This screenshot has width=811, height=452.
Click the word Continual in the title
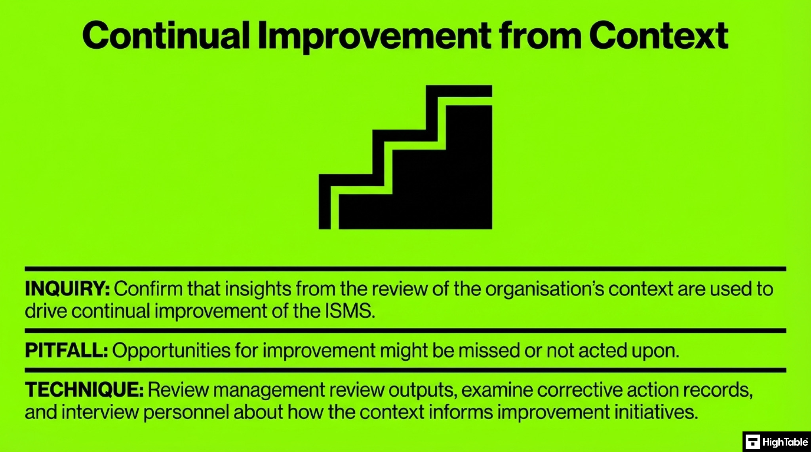coord(166,36)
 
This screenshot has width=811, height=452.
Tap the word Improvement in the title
coord(374,37)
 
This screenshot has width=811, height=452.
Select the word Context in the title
coord(658,36)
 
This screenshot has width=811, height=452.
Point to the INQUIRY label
coord(67,289)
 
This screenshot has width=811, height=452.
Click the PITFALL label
coord(66,350)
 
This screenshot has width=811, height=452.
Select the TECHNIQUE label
coord(84,390)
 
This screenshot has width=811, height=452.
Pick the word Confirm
coord(148,289)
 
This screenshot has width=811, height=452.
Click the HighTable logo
coord(776,442)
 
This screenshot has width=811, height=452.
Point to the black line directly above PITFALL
coord(405,331)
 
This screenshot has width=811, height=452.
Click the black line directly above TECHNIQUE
coord(405,370)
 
